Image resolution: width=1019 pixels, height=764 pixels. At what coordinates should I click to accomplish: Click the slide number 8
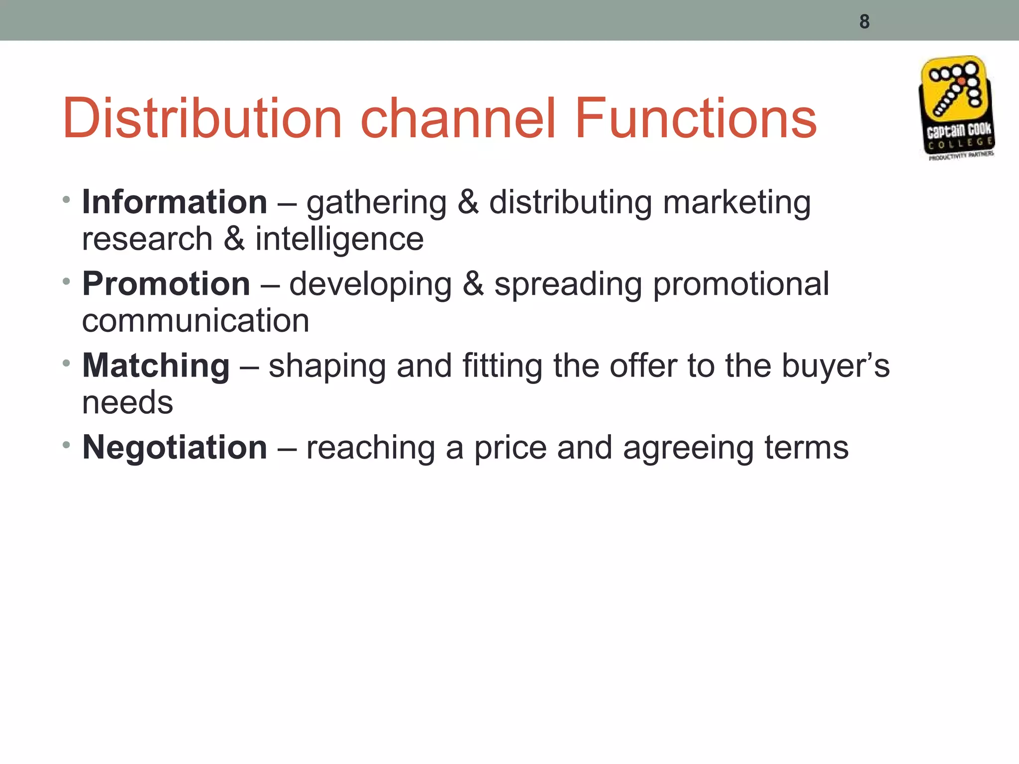coord(864,22)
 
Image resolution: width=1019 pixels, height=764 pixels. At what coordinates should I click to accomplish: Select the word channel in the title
coord(457,119)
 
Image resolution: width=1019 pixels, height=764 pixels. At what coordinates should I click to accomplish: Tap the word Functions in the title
coord(695,119)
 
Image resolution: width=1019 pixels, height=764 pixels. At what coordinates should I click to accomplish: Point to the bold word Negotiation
coord(175,447)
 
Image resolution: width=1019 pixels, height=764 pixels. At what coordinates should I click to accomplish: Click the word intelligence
coord(339,240)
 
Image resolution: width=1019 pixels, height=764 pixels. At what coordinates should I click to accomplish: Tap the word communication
coord(196,321)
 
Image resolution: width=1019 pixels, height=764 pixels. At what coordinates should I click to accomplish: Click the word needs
coord(127,403)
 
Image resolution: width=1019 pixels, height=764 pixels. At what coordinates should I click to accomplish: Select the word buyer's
coord(835,367)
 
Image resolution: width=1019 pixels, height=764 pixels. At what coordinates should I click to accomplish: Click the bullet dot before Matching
coord(66,364)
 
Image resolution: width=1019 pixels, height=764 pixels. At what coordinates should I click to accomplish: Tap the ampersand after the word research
coord(234,239)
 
